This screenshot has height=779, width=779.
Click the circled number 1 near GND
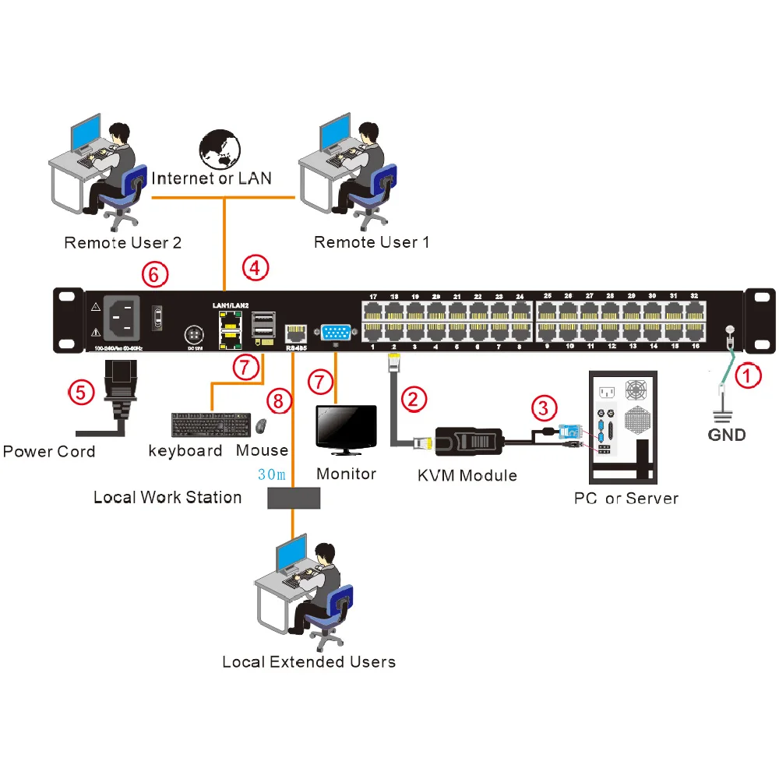(x=748, y=378)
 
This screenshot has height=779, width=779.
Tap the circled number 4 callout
(x=255, y=267)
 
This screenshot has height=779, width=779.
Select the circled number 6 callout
(x=154, y=273)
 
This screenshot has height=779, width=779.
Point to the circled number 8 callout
(x=278, y=402)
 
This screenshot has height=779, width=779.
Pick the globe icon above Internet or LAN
(x=220, y=150)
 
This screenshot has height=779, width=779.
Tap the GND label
(x=727, y=435)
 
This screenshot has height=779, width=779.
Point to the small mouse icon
(x=262, y=426)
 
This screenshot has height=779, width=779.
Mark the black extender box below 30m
(x=293, y=498)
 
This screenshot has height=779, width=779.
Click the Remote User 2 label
(x=122, y=242)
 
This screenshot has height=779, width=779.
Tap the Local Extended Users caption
(x=308, y=662)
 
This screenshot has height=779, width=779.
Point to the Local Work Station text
(x=167, y=497)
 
